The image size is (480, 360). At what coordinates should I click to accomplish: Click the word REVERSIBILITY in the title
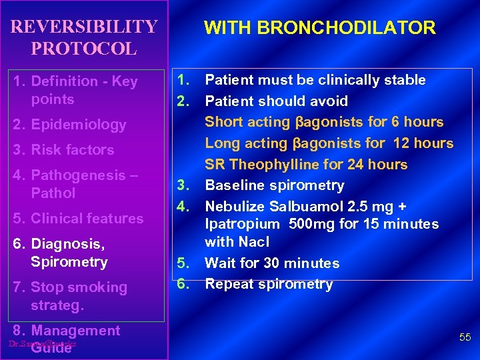point(84,27)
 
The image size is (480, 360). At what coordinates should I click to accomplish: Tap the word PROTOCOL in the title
point(83,49)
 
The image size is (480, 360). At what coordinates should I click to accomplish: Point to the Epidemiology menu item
point(79,125)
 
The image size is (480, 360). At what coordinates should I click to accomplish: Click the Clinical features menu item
point(87,219)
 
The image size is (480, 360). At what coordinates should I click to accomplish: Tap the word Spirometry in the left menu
point(69,262)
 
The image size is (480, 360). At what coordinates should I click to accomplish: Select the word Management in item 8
point(75,331)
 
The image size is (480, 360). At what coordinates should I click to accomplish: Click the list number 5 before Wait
point(181,263)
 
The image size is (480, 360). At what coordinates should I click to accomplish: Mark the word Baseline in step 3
point(233,185)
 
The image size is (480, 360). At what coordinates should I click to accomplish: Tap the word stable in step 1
point(405,80)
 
